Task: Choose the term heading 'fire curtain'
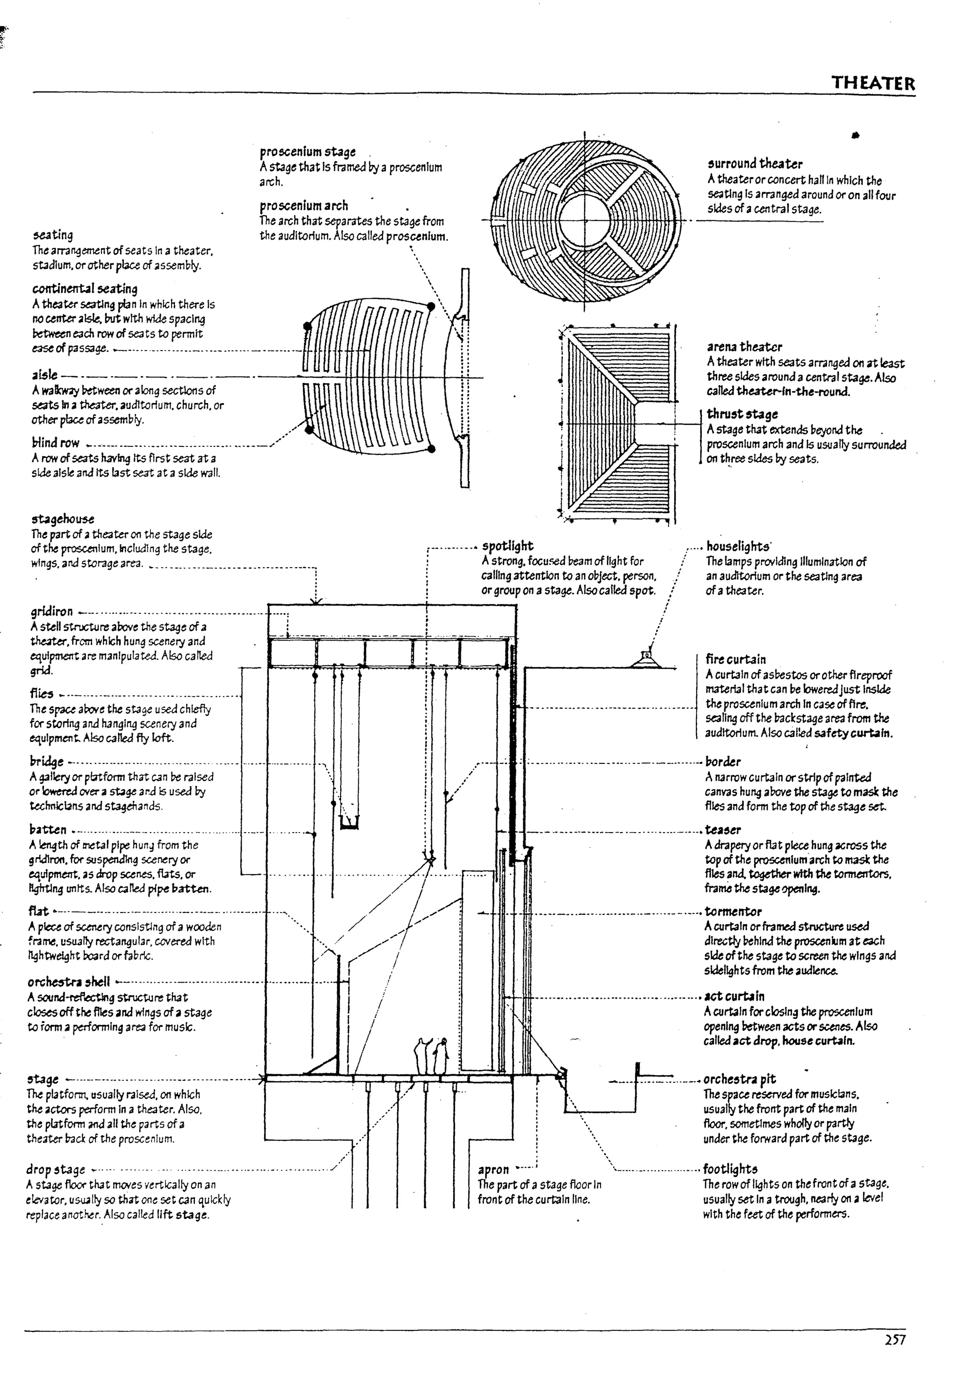(x=736, y=659)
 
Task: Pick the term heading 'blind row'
(x=56, y=443)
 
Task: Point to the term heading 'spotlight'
(x=507, y=546)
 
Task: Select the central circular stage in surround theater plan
(x=585, y=220)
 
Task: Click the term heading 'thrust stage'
(x=742, y=414)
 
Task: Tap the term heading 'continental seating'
(x=85, y=289)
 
